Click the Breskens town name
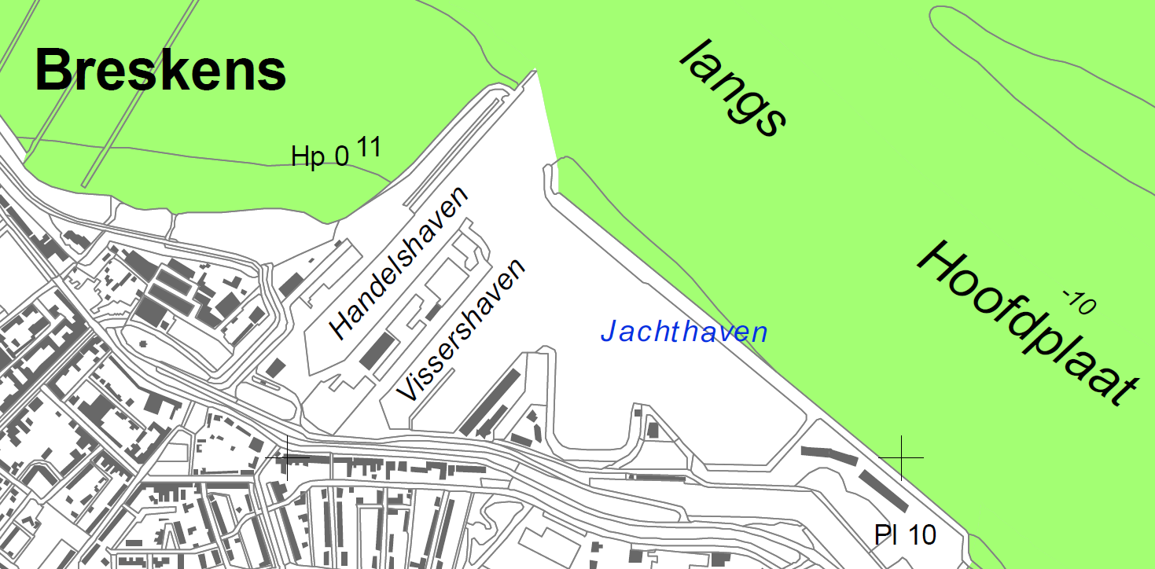tap(160, 70)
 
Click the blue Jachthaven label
tap(684, 332)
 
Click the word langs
tap(733, 88)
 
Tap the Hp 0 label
tap(319, 156)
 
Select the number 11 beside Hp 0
tap(369, 147)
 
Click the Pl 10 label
tap(905, 535)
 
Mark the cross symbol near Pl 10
tap(901, 457)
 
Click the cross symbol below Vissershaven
tap(286, 457)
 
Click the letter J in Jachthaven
tap(608, 332)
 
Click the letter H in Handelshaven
tap(340, 325)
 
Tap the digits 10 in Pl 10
tap(922, 535)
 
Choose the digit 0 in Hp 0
tap(340, 156)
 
